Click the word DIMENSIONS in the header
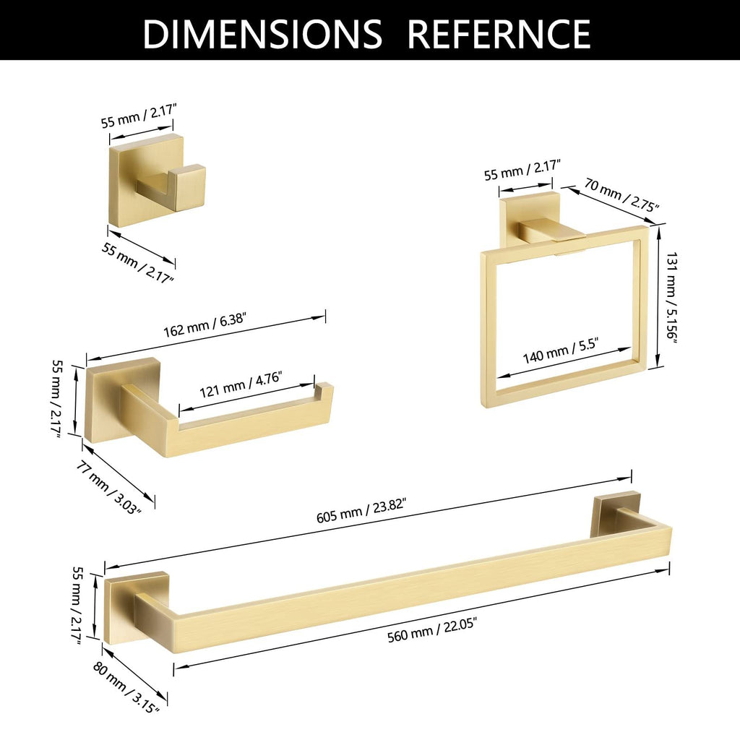tap(262, 33)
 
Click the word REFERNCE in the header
tap(499, 33)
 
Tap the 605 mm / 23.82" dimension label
tap(361, 511)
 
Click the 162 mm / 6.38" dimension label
tap(205, 325)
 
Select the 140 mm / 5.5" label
tap(561, 350)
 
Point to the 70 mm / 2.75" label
tap(622, 194)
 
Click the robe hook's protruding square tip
tap(190, 187)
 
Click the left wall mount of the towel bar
tap(137, 608)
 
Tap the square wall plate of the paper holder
tap(123, 400)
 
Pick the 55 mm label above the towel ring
tap(522, 170)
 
